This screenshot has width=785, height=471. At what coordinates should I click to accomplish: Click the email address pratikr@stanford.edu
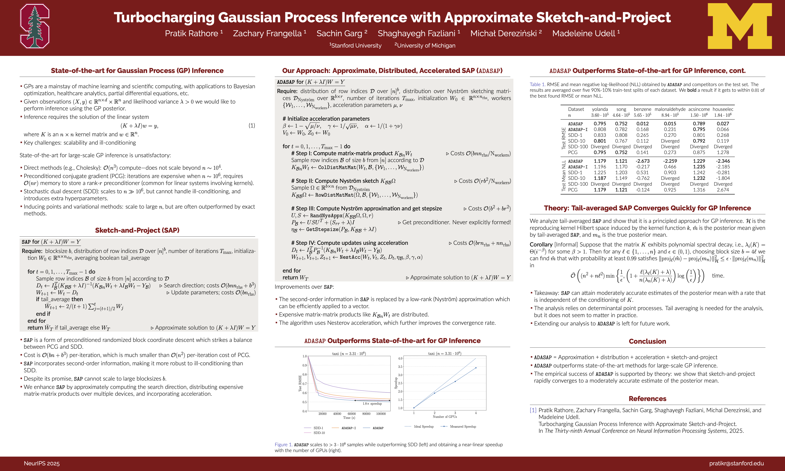tap(736, 463)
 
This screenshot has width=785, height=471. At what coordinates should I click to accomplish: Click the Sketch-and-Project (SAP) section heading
tap(137, 230)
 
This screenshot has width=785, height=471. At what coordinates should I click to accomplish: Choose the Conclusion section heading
tap(647, 341)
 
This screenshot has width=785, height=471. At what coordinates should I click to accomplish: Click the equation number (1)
tap(252, 125)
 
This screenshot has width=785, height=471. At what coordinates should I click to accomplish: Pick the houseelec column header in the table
tap(723, 109)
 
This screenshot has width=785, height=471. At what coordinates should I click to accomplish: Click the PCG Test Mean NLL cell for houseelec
tap(723, 190)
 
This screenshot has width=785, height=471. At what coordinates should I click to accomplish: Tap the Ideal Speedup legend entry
tap(423, 427)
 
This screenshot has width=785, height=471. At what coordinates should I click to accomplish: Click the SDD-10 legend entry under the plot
tap(319, 433)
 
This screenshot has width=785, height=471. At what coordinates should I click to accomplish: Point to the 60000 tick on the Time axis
tap(352, 413)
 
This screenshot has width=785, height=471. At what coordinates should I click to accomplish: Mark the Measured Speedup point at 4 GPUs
tap(476, 368)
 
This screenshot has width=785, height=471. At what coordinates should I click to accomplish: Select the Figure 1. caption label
tap(284, 445)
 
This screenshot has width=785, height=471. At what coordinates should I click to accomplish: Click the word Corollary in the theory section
tap(541, 244)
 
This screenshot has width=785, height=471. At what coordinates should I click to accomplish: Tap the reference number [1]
tap(533, 410)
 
